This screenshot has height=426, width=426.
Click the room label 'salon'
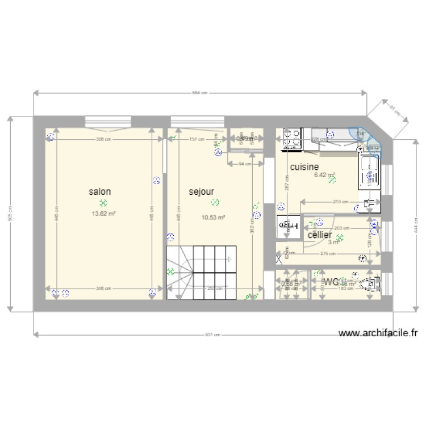coord(99,192)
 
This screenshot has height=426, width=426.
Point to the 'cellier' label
coord(320,235)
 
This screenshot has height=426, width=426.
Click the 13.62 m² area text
coord(103,214)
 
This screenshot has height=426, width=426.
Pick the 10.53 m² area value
coord(213,217)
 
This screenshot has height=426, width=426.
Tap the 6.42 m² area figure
coord(324,176)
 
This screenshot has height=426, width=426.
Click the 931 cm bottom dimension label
coord(212,335)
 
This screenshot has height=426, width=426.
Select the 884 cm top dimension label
coord(199,93)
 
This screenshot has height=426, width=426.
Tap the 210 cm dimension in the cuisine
coord(340,202)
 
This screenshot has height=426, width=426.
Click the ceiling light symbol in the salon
coord(103,203)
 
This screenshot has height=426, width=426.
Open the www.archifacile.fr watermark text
coord(377,334)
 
